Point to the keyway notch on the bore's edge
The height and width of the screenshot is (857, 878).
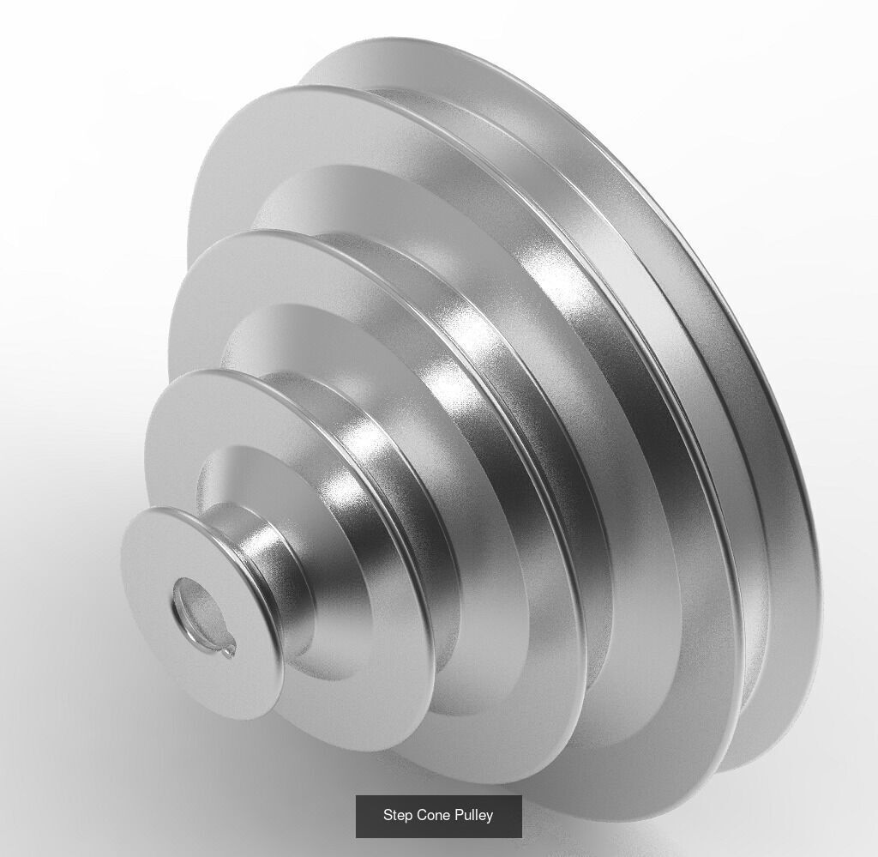[227, 652]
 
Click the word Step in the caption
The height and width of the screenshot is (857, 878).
[397, 815]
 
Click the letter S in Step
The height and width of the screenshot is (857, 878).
[388, 815]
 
